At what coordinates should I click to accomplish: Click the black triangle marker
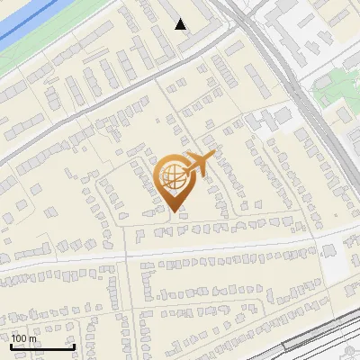(x=181, y=24)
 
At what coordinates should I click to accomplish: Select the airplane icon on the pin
(x=199, y=164)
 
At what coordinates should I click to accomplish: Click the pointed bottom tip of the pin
(x=175, y=211)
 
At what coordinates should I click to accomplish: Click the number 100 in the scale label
(x=18, y=338)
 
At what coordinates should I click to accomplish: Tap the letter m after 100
(x=32, y=338)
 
